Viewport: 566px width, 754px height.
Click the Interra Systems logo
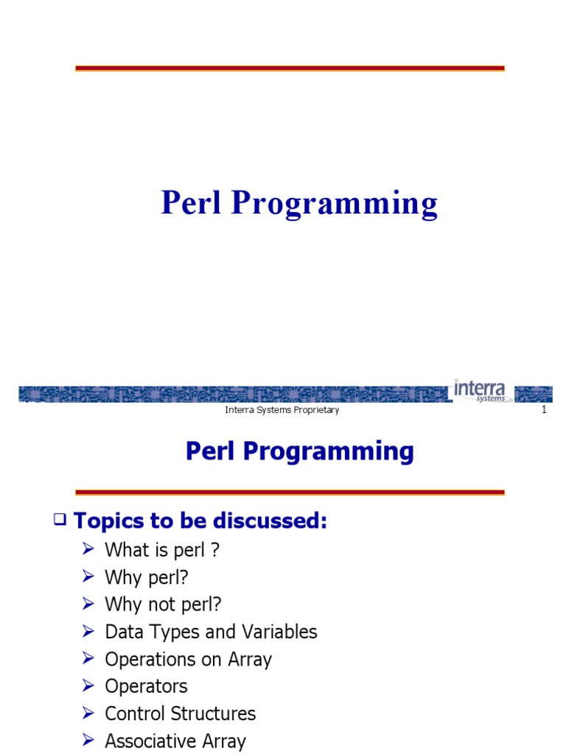tap(480, 390)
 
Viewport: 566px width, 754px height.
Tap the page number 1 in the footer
tap(544, 410)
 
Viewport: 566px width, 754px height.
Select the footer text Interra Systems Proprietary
tap(282, 410)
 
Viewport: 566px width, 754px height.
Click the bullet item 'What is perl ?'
tap(162, 549)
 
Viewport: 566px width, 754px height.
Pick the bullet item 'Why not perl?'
tap(163, 605)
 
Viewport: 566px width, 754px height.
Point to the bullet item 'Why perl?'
tap(152, 577)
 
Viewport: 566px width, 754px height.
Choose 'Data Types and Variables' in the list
tap(211, 632)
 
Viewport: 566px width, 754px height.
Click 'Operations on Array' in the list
tap(188, 659)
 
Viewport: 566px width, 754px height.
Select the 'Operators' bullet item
tap(146, 686)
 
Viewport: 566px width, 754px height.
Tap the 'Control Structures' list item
tap(180, 714)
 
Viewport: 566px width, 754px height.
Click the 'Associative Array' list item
tap(175, 741)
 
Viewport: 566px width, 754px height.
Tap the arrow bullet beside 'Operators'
tap(88, 686)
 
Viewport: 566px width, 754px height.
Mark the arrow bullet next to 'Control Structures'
tap(88, 714)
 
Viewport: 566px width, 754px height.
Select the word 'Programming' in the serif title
tap(334, 205)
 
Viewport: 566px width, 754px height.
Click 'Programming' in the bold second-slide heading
tap(329, 451)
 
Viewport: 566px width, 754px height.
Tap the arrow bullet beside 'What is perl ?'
tap(88, 549)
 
